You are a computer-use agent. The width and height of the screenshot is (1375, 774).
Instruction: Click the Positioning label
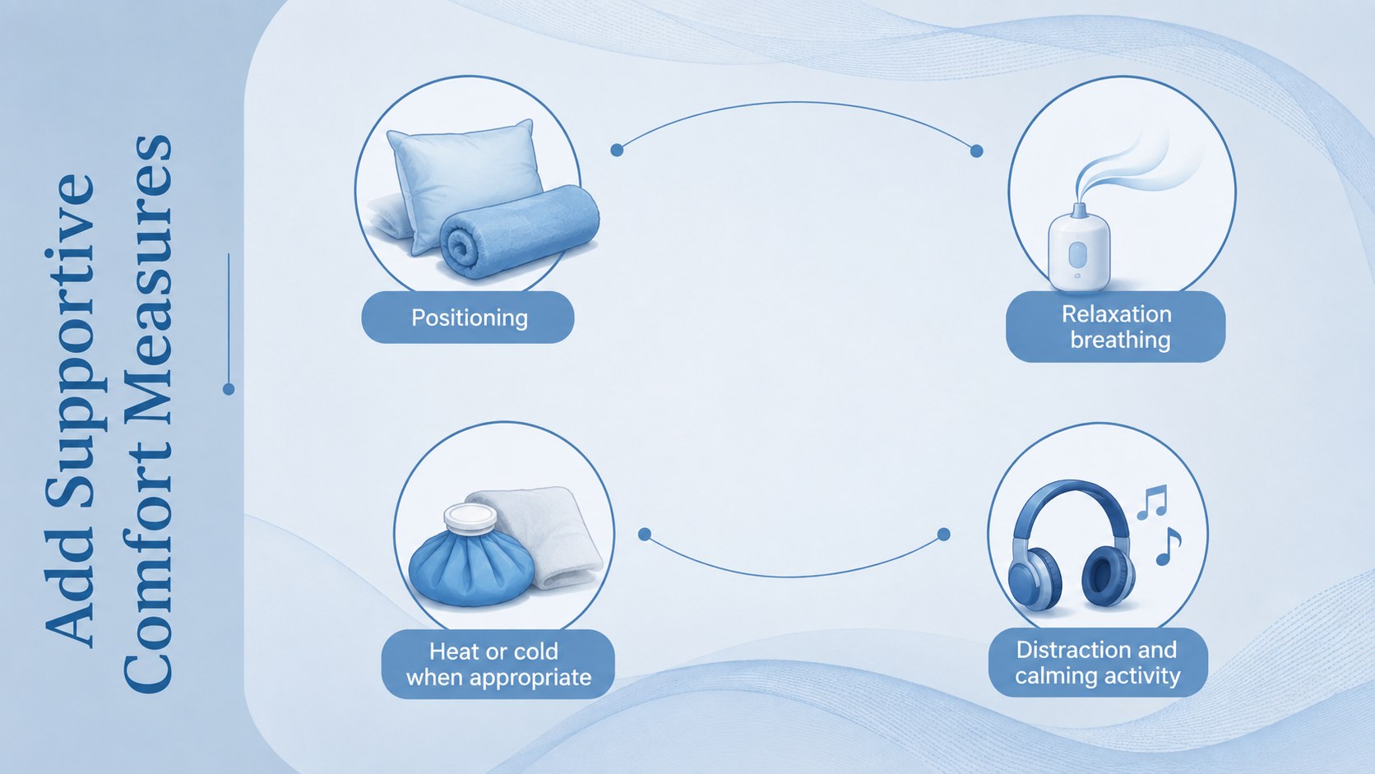coord(468,317)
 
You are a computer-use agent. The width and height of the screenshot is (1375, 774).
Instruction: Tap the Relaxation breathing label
coord(1115,327)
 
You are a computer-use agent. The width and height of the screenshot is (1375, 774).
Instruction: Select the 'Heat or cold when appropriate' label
coord(498,664)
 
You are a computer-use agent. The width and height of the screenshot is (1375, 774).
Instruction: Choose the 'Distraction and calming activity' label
coord(1098,663)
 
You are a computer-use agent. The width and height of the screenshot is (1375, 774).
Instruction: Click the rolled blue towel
coord(519,232)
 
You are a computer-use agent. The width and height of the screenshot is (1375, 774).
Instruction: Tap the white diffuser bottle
coord(1078,248)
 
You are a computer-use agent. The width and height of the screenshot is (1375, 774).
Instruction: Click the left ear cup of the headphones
coord(1035,577)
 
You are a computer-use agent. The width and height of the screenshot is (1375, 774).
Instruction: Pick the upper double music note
coord(1152,502)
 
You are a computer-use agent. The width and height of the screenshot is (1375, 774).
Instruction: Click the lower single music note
coord(1168,546)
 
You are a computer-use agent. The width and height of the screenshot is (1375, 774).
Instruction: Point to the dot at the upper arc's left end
coord(617,150)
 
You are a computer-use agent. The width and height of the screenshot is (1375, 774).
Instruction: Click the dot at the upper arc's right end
coord(977,151)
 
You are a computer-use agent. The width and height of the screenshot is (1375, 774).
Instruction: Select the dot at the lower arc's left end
coord(645,535)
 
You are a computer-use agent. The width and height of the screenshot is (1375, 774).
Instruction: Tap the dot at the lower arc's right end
coord(944,535)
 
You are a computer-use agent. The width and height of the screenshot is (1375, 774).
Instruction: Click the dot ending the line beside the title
coord(229,388)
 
